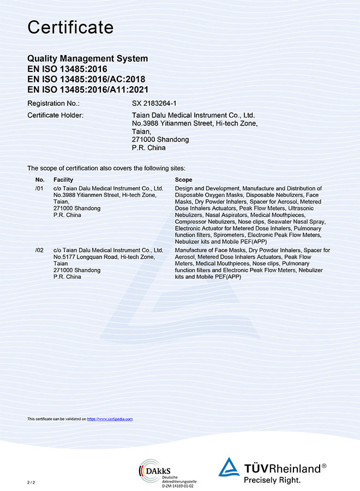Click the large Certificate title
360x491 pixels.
(x=70, y=27)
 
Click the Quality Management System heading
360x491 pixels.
(x=87, y=59)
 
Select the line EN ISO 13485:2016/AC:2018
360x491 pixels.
(x=83, y=79)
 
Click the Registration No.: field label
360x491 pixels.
(x=53, y=103)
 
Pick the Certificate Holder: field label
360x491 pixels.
(x=55, y=116)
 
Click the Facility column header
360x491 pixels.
(x=63, y=179)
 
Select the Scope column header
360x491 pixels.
(x=183, y=179)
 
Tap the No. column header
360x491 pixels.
(x=40, y=179)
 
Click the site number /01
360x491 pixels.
(x=39, y=188)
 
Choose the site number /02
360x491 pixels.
(x=39, y=250)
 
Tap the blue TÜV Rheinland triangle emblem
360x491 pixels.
(x=229, y=468)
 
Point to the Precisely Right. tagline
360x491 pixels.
(x=272, y=480)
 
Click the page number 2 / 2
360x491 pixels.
(x=31, y=483)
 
